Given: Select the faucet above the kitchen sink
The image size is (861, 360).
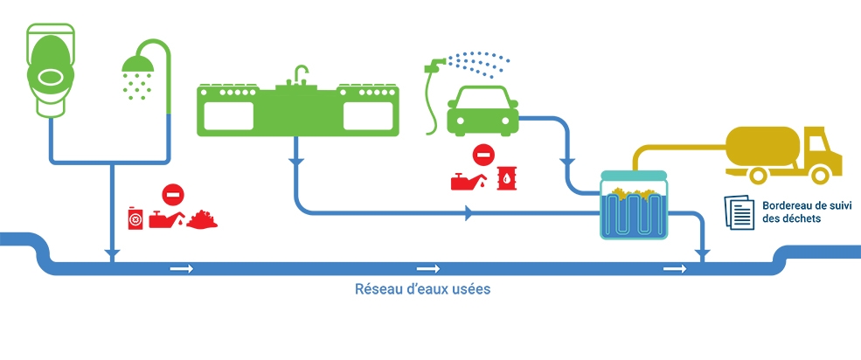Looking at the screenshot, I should pos(300,74).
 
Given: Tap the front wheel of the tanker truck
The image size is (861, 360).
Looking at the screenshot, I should pos(819,176).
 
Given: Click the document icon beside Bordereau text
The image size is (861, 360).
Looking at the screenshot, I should pos(739,211).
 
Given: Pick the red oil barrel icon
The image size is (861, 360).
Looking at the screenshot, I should pos(507,178).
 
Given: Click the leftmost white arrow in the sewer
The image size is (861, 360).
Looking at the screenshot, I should pos(182,268).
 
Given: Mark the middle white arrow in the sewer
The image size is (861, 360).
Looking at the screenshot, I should pos(427,268).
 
